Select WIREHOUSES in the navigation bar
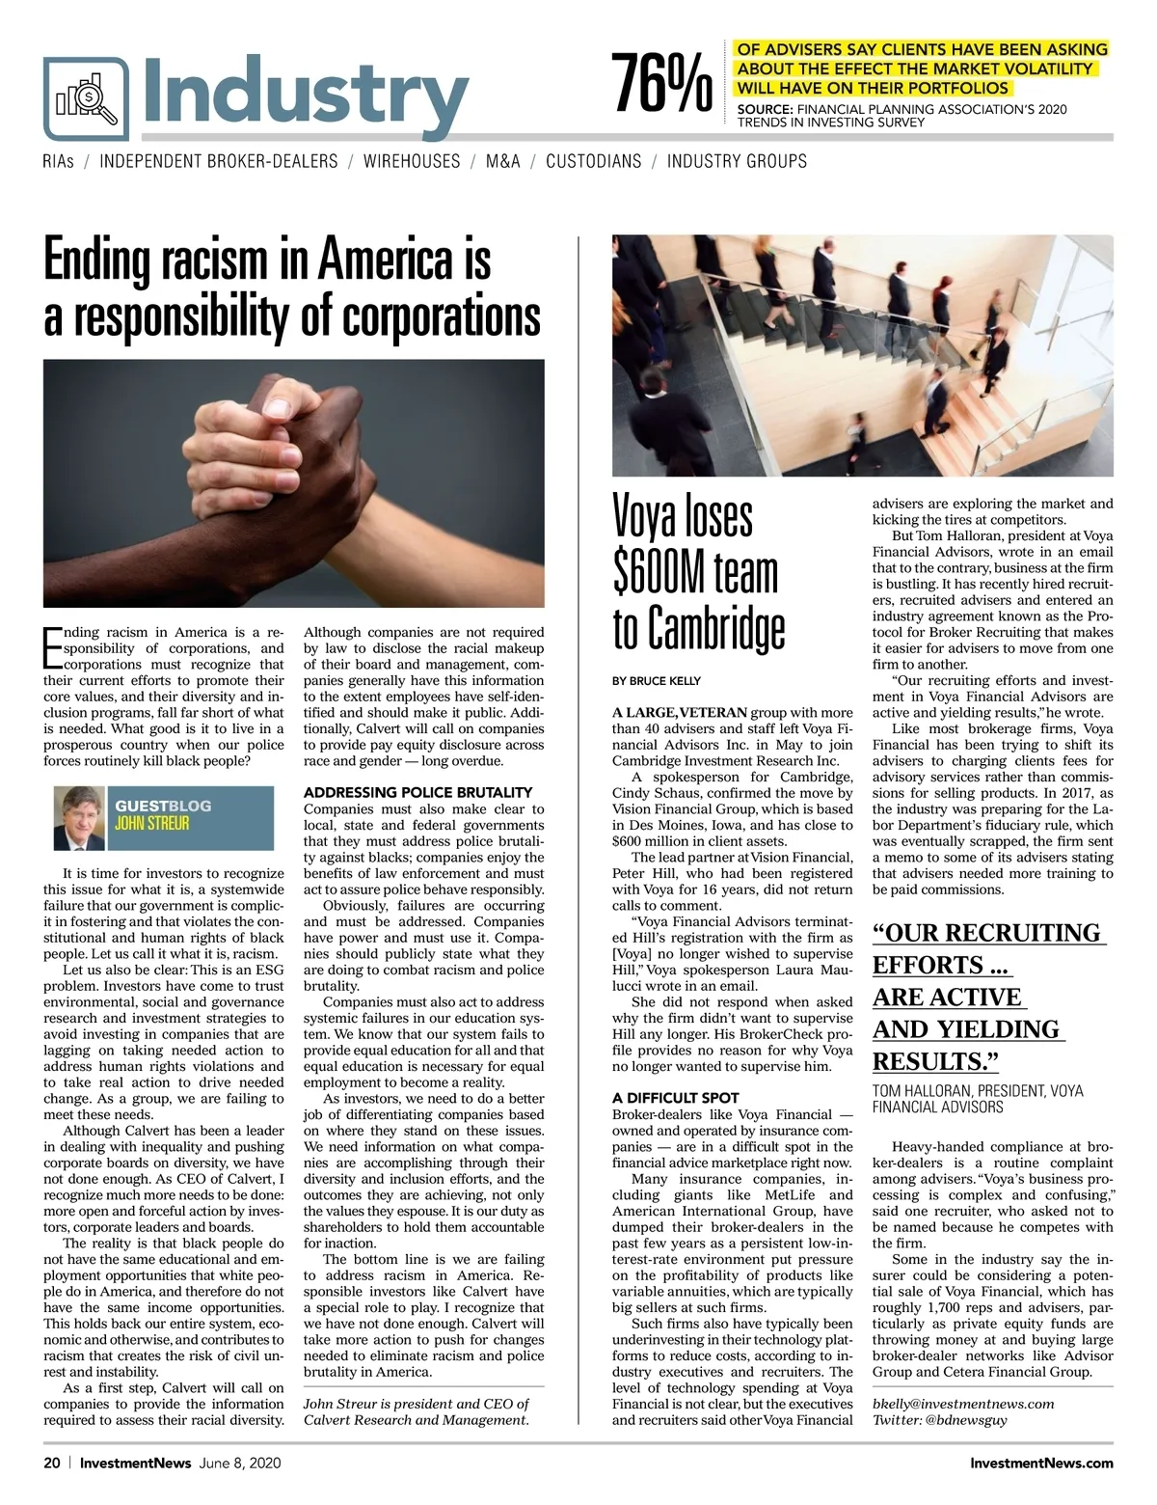point(412,161)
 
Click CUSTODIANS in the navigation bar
point(593,161)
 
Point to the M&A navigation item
point(502,161)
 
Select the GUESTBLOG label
point(162,806)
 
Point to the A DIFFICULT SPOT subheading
point(675,1097)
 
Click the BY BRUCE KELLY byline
point(657,680)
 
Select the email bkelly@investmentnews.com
point(962,1404)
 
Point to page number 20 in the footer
point(51,1463)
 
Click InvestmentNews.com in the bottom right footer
point(1041,1463)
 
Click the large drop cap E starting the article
point(52,647)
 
